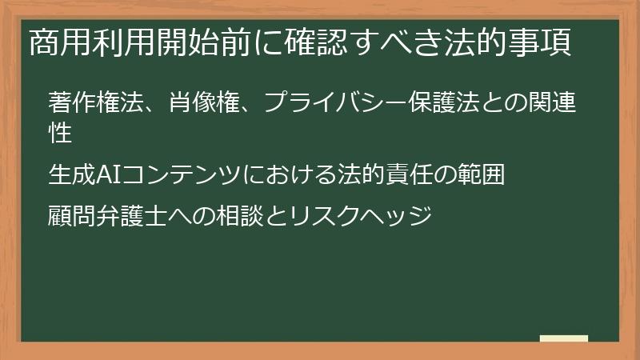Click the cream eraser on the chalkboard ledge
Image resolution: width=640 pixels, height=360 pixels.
pyautogui.click(x=564, y=338)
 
